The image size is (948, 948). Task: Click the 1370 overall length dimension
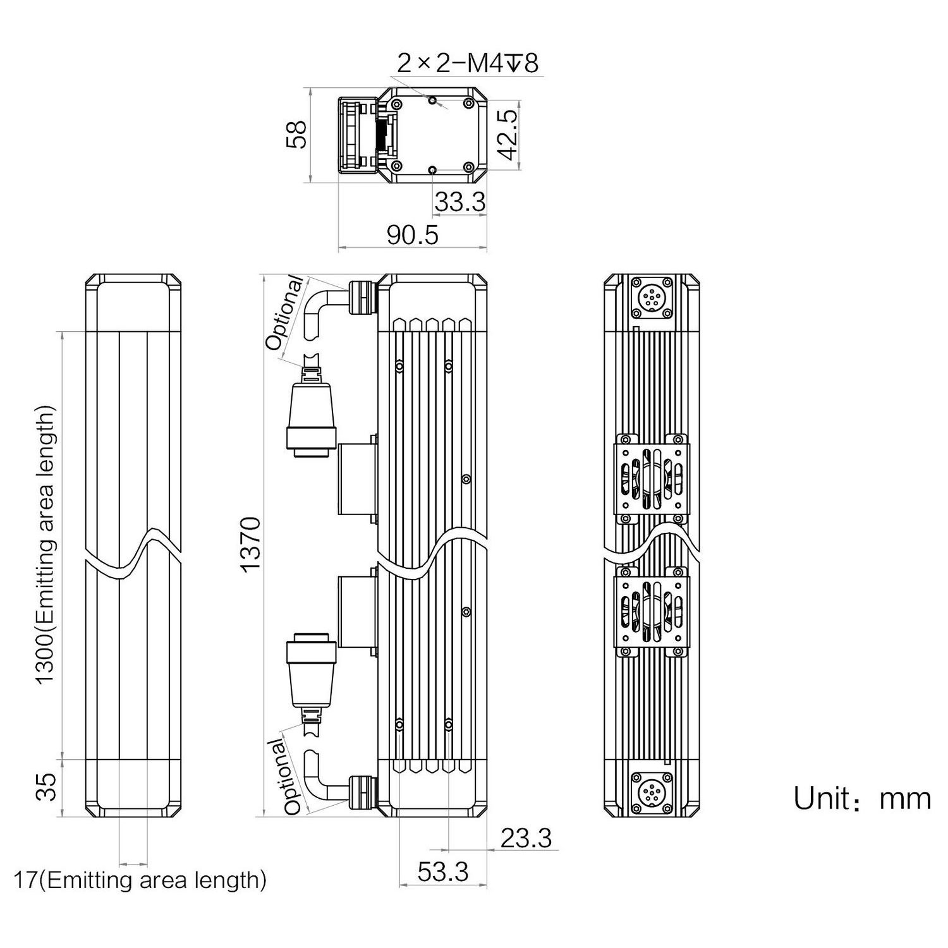point(251,544)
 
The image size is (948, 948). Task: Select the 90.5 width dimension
point(412,235)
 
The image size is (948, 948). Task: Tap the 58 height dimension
point(296,135)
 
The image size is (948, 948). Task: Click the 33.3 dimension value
point(460,202)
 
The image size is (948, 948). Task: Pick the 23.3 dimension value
point(526,838)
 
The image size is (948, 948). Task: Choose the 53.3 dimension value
point(442,872)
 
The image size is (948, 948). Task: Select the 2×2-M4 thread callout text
point(467,63)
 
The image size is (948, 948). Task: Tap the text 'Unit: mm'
point(862,799)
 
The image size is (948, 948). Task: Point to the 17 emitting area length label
point(140,880)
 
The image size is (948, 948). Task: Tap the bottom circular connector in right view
point(652,791)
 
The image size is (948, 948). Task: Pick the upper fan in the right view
point(652,478)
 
